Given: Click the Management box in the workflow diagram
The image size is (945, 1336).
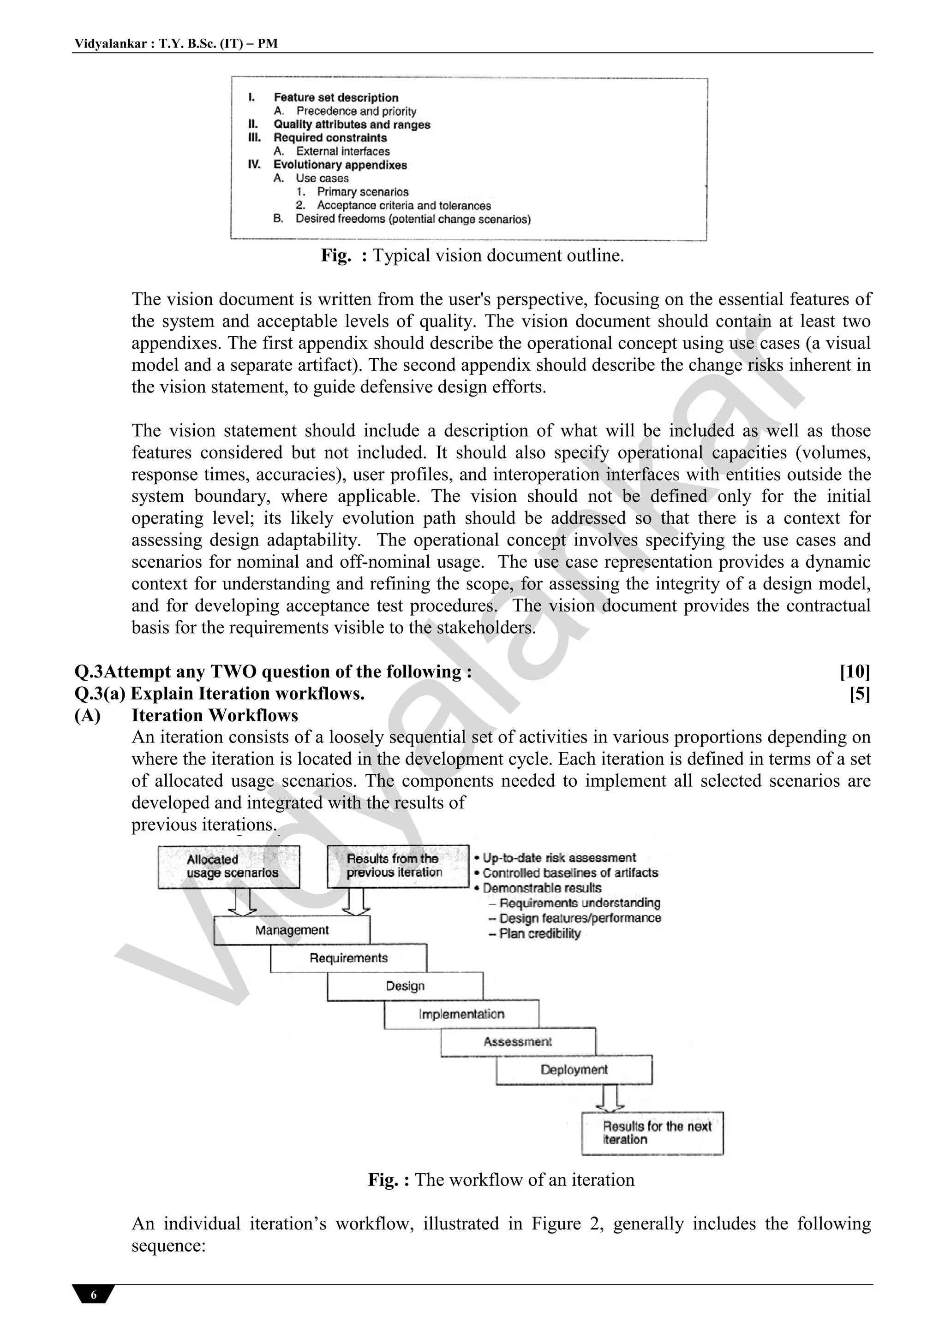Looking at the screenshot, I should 292,930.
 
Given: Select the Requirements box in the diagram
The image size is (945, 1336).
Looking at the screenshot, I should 348,958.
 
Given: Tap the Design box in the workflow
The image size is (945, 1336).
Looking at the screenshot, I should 405,986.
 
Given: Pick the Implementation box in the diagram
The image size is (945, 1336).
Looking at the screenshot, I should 461,1014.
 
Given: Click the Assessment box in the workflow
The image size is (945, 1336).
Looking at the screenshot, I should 518,1042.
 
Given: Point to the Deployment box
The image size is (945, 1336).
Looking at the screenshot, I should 574,1069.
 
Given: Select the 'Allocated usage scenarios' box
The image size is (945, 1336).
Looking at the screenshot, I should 229,867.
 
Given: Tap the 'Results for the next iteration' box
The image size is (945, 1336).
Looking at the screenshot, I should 653,1133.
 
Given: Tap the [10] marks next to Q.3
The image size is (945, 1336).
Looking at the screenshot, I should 854,672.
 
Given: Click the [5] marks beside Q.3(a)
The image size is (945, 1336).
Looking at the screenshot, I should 860,694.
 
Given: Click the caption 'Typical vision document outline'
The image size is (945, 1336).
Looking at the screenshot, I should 498,255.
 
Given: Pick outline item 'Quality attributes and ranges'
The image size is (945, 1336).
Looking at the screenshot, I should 352,125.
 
